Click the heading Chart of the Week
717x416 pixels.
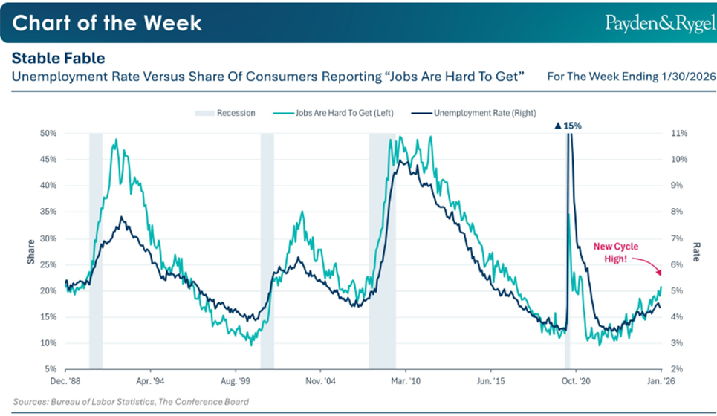(x=107, y=22)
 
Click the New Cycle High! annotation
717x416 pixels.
(x=615, y=251)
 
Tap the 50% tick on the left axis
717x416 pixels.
(x=49, y=134)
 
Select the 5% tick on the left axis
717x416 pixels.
(x=51, y=369)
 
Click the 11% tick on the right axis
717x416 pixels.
(x=679, y=134)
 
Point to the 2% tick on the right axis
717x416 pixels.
(x=677, y=369)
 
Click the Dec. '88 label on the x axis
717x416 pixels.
(x=65, y=380)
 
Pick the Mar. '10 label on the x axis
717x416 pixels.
(x=406, y=380)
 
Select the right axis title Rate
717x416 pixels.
(x=696, y=251)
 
